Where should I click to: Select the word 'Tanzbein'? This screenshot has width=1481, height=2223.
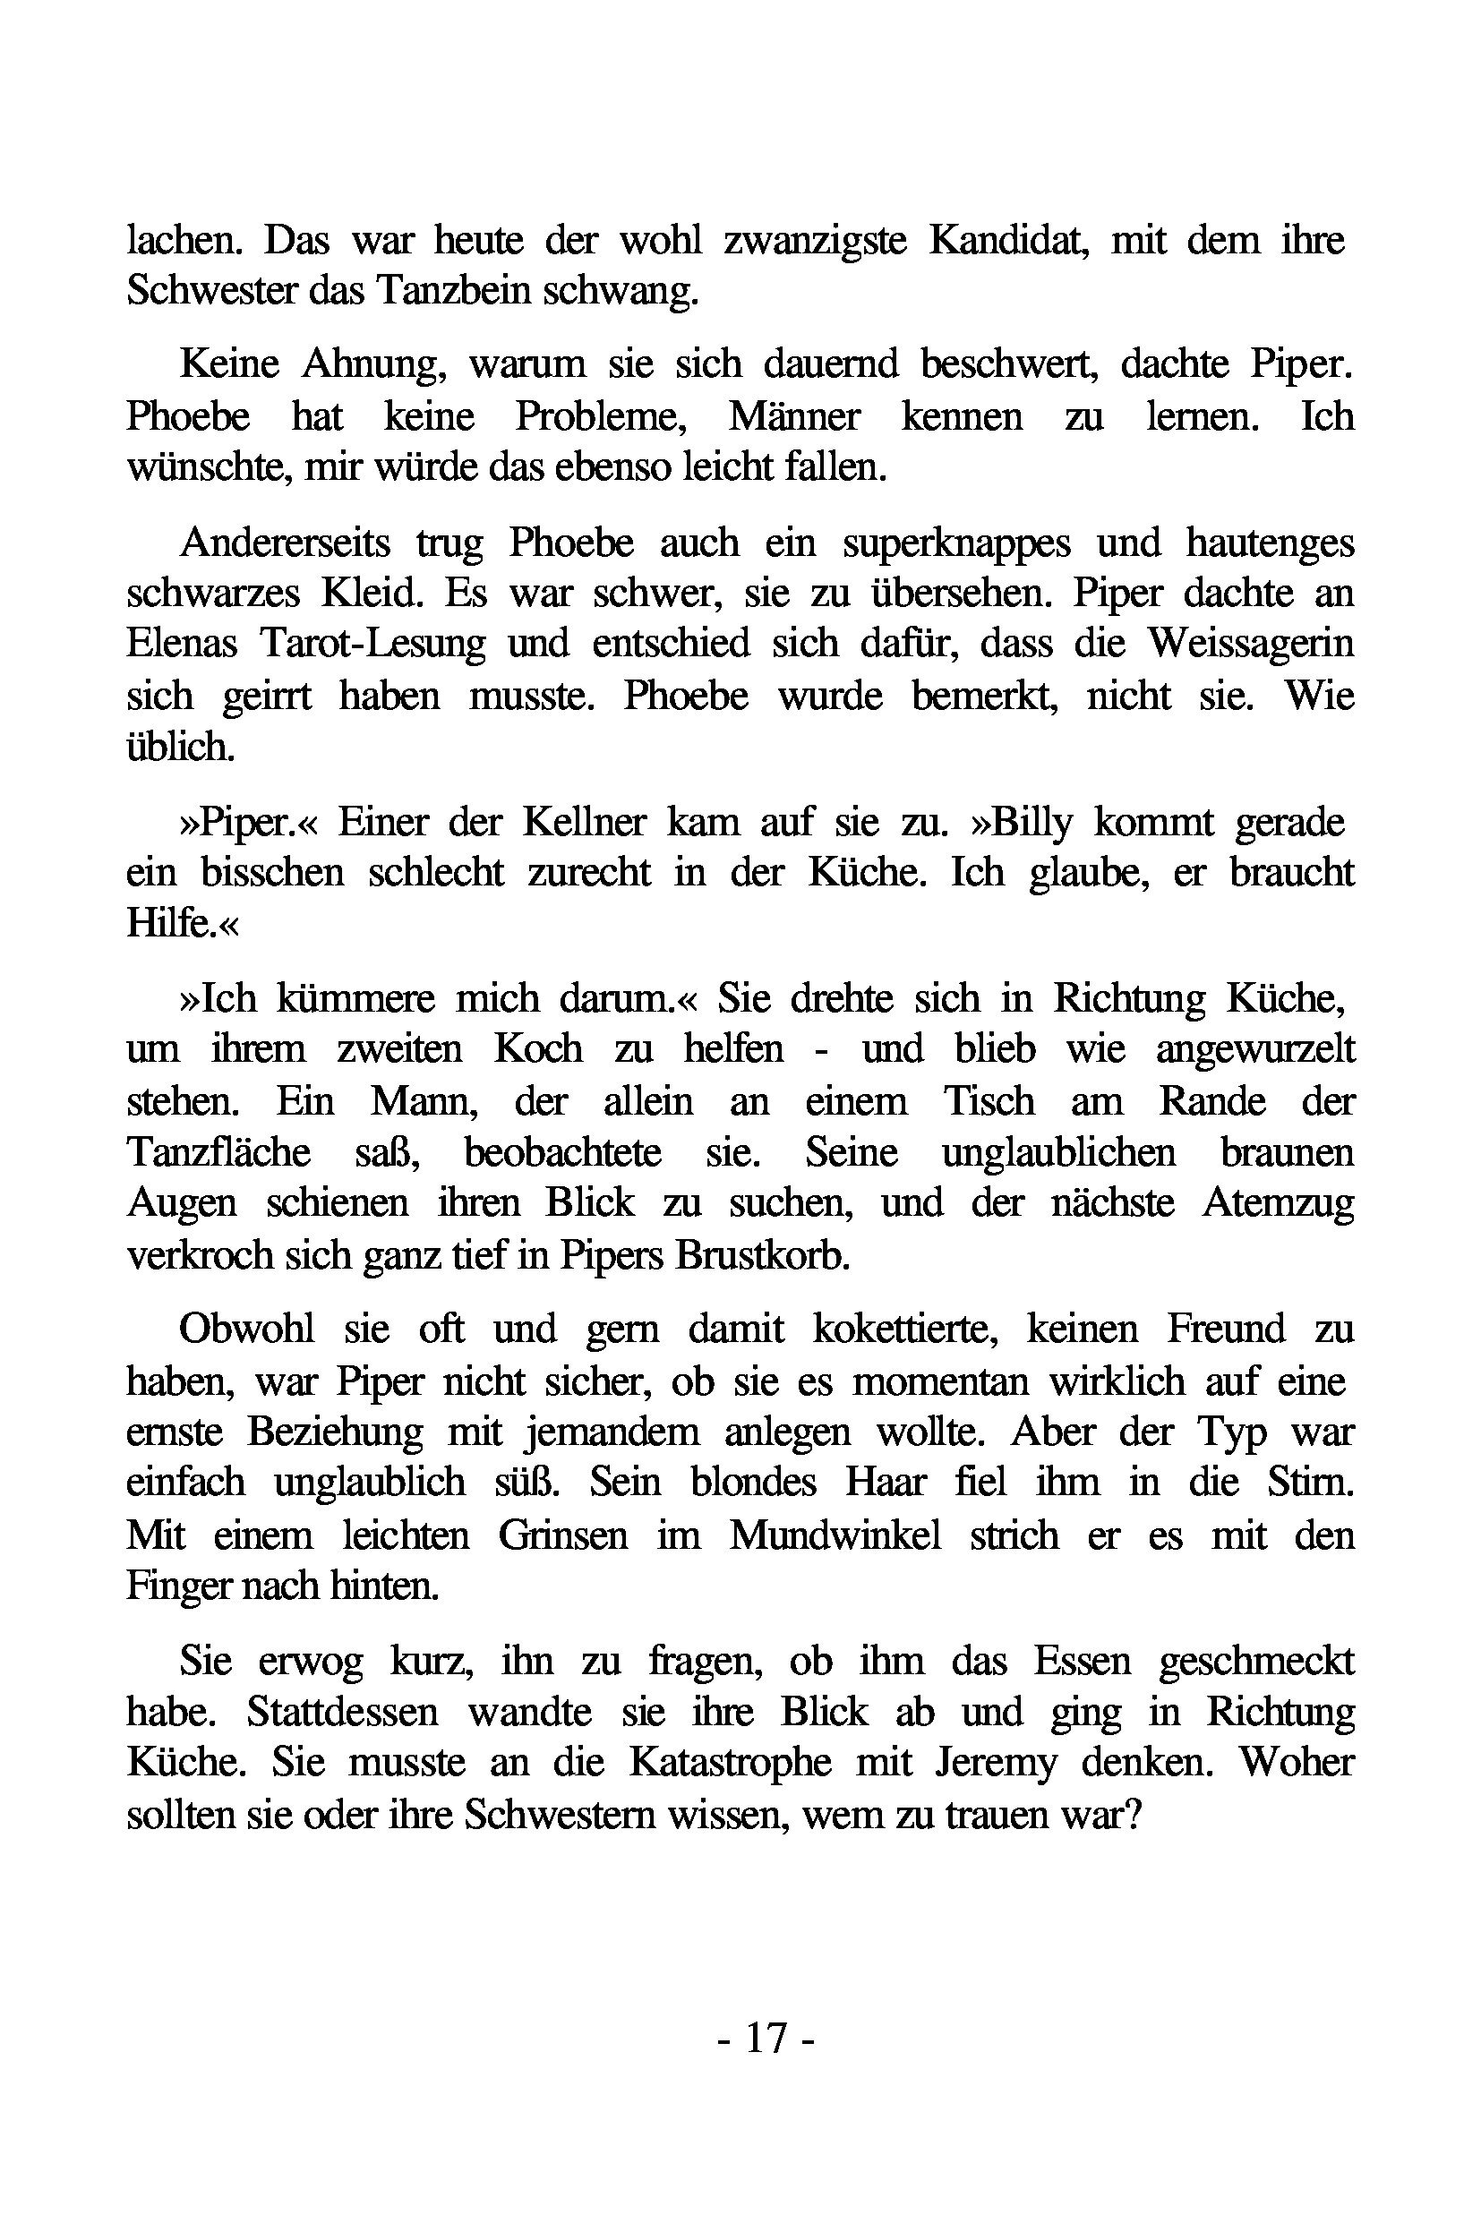454,292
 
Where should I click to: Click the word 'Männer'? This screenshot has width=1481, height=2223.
794,416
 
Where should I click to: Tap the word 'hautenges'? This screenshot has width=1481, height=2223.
1270,544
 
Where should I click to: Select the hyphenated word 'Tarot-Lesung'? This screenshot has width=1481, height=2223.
373,645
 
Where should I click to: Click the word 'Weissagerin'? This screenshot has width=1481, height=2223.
1251,645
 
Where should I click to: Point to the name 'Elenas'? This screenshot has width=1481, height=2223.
182,645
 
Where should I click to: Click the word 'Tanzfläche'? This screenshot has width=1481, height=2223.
218,1152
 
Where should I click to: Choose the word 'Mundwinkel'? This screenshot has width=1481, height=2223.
835,1535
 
